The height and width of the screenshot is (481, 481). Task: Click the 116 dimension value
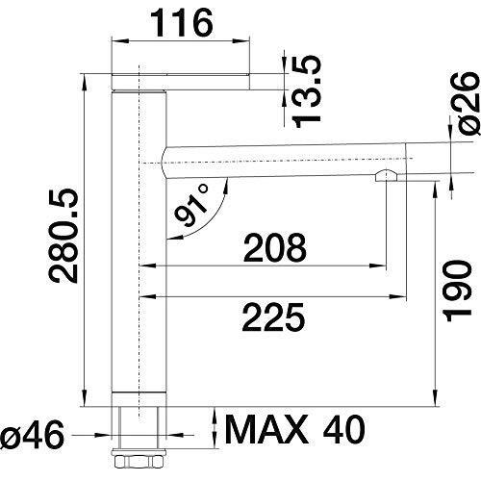coord(181,23)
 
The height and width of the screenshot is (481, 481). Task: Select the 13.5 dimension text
coord(306,92)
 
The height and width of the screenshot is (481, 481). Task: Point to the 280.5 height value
coord(63,236)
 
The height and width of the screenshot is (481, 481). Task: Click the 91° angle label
coord(192,205)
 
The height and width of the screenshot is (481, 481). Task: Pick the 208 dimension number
coord(275,247)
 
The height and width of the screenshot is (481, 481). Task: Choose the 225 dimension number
coord(273,317)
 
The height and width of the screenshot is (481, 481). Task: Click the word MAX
coord(266,429)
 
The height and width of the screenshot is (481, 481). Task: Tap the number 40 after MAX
coord(343,429)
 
